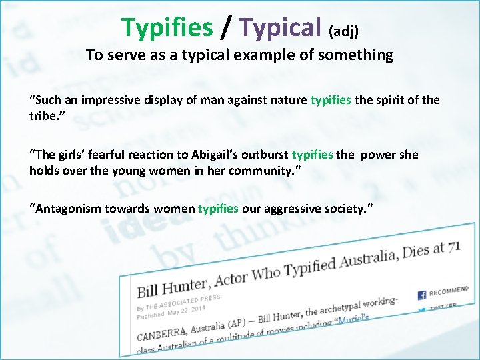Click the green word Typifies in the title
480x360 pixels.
tap(167, 27)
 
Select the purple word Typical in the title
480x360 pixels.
tap(280, 27)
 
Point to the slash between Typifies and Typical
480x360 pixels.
tap(226, 27)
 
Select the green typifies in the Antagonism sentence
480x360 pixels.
tap(218, 209)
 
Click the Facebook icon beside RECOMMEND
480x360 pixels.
tap(421, 294)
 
